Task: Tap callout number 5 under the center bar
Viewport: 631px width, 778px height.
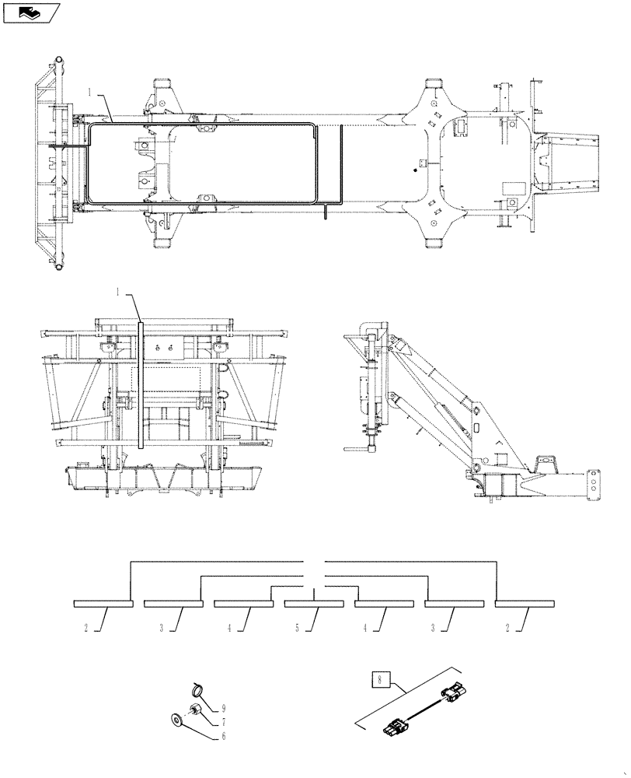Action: tap(296, 628)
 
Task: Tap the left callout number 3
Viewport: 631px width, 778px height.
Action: tap(162, 628)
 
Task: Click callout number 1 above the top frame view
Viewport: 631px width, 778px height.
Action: tap(90, 93)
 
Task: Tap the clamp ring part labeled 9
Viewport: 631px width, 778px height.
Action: tap(199, 687)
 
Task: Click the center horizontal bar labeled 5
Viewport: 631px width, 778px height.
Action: tap(313, 603)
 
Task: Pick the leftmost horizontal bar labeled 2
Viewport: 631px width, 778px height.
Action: tap(103, 603)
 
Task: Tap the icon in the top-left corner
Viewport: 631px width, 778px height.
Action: tap(32, 12)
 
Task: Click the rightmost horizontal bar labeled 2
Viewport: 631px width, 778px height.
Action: tap(525, 603)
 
